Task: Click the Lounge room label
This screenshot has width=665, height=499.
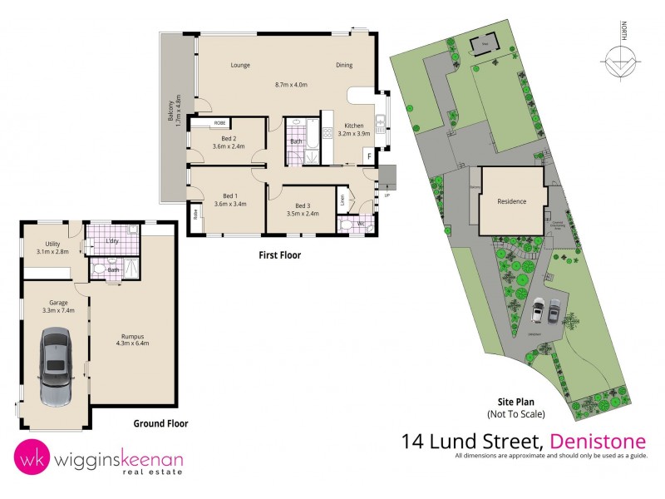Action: [x=240, y=66]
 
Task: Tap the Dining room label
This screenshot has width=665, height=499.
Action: [x=344, y=66]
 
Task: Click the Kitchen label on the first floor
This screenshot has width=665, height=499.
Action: [x=355, y=125]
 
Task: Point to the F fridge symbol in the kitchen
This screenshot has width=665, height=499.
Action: [x=368, y=156]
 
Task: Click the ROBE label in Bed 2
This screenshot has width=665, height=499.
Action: [x=219, y=123]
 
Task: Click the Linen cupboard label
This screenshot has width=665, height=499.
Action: [x=343, y=200]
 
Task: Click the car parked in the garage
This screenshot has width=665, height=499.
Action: [x=55, y=366]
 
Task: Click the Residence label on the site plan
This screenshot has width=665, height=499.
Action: [x=511, y=201]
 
